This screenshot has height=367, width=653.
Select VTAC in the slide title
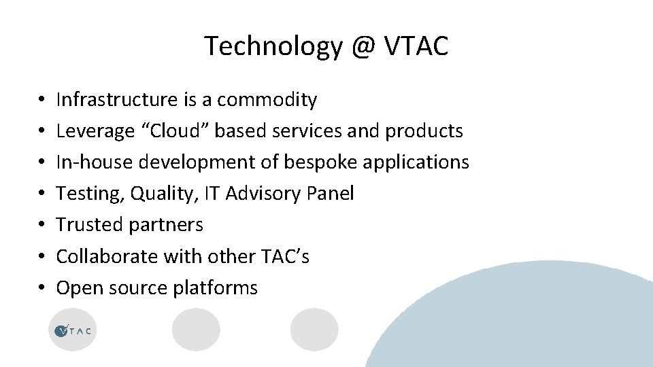click(416, 46)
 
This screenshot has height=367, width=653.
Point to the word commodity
click(267, 100)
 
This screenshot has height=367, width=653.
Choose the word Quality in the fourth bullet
click(157, 194)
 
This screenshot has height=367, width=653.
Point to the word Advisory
click(264, 194)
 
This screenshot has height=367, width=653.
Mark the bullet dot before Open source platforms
click(41, 288)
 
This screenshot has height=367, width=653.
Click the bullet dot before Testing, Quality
click(41, 194)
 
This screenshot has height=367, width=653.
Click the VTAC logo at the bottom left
click(73, 330)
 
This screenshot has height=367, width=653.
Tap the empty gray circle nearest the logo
click(196, 330)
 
